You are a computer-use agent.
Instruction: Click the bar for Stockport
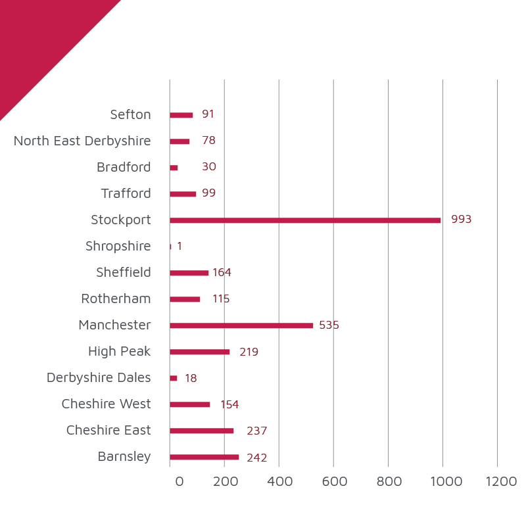pyautogui.click(x=305, y=220)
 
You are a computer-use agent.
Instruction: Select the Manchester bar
pyautogui.click(x=241, y=325)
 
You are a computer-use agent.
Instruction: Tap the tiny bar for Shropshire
pyautogui.click(x=170, y=247)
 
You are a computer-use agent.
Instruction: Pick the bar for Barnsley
pyautogui.click(x=204, y=457)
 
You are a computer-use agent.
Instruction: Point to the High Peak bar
pyautogui.click(x=200, y=352)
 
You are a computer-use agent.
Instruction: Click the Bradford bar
pyautogui.click(x=174, y=168)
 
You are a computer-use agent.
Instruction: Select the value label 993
pyautogui.click(x=462, y=219)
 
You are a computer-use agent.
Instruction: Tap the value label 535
pyautogui.click(x=329, y=325)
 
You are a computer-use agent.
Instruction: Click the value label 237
pyautogui.click(x=256, y=431)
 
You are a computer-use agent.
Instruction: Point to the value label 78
pyautogui.click(x=208, y=140)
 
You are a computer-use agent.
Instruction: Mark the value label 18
pyautogui.click(x=191, y=378)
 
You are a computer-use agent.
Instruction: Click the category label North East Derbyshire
pyautogui.click(x=82, y=141)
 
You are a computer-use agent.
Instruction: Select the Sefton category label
pyautogui.click(x=130, y=114)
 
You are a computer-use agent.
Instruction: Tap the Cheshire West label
pyautogui.click(x=107, y=404)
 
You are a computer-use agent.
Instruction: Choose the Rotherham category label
pyautogui.click(x=116, y=299)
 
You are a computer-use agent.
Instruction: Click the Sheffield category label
pyautogui.click(x=124, y=272)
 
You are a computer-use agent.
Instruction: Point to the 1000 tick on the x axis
pyautogui.click(x=446, y=481)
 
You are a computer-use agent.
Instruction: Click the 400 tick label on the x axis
pyautogui.click(x=280, y=481)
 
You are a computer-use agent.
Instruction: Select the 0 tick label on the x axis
pyautogui.click(x=179, y=481)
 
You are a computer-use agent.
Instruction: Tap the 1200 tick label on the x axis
pyautogui.click(x=501, y=481)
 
